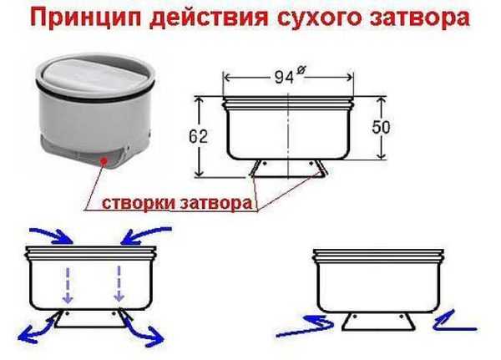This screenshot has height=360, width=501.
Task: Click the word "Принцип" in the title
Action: click(87, 18)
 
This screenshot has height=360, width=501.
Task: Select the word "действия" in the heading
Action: click(210, 18)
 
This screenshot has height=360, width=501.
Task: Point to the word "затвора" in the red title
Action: click(419, 18)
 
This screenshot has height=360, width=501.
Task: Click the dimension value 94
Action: click(284, 77)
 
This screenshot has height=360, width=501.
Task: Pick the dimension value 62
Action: click(198, 136)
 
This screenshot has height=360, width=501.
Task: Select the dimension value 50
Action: click(382, 127)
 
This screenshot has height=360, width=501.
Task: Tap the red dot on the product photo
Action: click(103, 161)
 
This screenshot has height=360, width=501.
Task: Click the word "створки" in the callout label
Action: click(139, 203)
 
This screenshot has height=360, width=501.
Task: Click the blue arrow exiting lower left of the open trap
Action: click(36, 329)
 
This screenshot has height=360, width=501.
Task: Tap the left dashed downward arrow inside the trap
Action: click(68, 285)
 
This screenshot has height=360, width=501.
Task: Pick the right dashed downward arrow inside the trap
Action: click(119, 284)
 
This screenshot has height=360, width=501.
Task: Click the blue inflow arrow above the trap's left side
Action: click(53, 235)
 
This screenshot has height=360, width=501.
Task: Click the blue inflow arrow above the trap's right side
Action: click(145, 235)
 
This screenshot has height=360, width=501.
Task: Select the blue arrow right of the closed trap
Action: click(454, 322)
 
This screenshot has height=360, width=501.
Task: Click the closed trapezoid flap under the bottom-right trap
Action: click(378, 321)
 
